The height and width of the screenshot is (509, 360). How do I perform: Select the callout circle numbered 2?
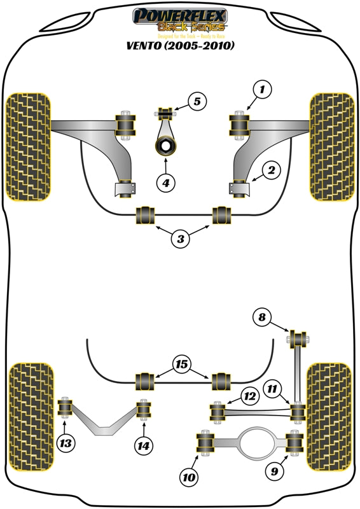coord(271,170)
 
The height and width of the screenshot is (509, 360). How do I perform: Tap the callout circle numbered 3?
coord(181,239)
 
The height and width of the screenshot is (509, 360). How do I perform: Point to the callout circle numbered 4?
coord(165,183)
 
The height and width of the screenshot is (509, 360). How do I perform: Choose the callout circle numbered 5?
coord(197,101)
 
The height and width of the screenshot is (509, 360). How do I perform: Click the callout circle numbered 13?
coord(65,443)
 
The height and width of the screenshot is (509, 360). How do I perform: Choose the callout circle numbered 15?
coord(181,365)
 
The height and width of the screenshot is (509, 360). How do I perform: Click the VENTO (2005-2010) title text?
coord(180,46)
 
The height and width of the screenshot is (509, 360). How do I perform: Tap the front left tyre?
coord(29,146)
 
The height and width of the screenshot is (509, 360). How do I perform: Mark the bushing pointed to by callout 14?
coord(144,410)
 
